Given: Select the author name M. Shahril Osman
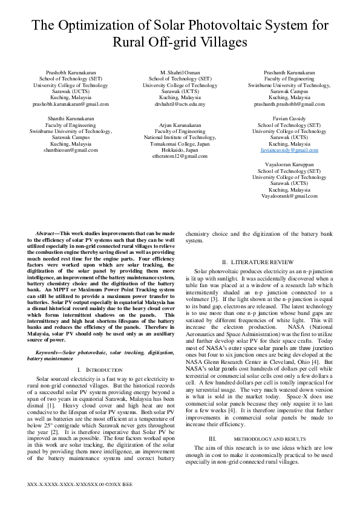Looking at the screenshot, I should coord(180,73).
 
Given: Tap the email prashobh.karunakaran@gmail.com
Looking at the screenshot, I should coord(70,103).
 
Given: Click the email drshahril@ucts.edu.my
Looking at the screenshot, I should coord(180,103).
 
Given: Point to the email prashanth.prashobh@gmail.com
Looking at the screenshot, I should coord(289,103).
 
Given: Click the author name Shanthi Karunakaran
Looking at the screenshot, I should coord(70,119).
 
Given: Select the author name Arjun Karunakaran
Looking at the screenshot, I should coord(180,125).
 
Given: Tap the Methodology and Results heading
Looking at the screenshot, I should coord(266,438).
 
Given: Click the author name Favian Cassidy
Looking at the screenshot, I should coord(289,119).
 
